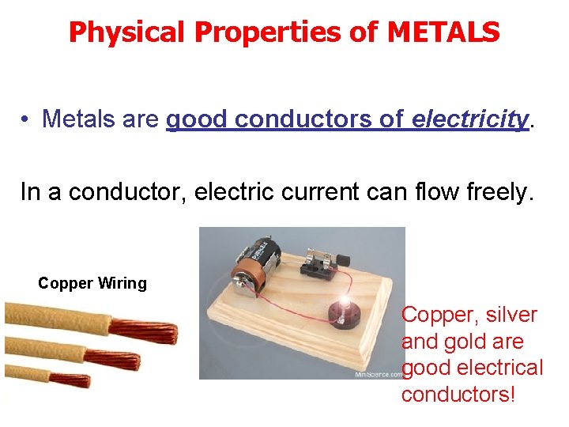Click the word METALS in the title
tap(444, 32)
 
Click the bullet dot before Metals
tap(26, 120)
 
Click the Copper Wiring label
tap(92, 283)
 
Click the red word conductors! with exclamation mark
tap(458, 394)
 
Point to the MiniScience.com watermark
tap(378, 374)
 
